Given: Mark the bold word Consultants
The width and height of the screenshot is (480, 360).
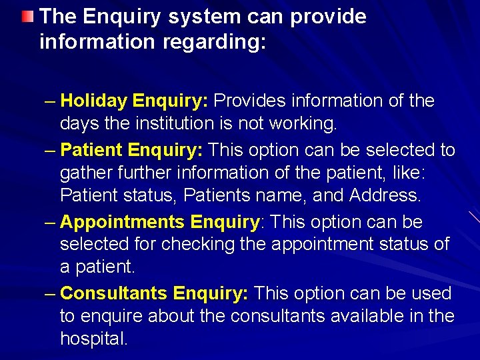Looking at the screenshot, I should pyautogui.click(x=114, y=293).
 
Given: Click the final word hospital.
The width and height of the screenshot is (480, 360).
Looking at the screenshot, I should pyautogui.click(x=93, y=339).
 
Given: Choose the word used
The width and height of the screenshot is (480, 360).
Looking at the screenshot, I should pyautogui.click(x=432, y=293).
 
